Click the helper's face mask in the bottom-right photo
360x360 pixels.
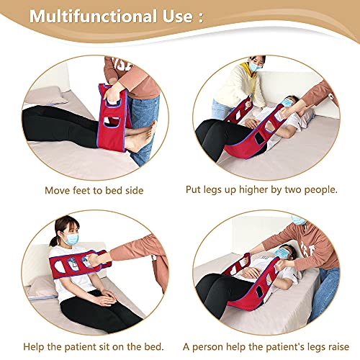[298, 220]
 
